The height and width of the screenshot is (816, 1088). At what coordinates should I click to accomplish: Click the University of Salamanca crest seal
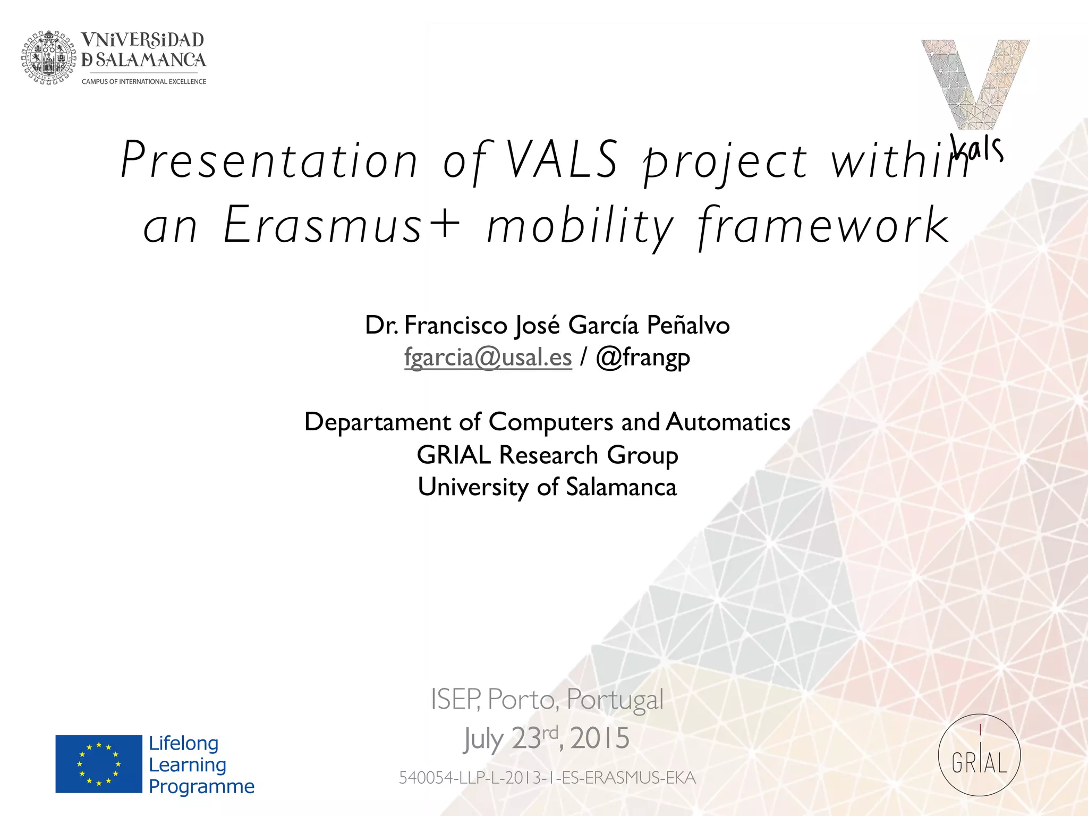[49, 57]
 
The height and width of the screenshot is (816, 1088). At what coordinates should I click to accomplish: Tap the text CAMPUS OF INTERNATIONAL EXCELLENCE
[143, 82]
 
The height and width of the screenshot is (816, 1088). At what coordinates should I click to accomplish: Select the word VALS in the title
[562, 159]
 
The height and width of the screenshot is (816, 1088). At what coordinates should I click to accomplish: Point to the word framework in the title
[823, 226]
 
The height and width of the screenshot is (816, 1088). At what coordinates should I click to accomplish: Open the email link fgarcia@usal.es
[488, 357]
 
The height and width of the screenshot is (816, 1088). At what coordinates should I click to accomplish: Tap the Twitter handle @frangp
[643, 358]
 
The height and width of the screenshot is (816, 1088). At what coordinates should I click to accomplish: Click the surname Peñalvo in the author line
[688, 325]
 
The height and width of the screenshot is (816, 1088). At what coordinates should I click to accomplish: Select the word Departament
[377, 422]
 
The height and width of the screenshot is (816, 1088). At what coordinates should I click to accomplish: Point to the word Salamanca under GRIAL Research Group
[621, 487]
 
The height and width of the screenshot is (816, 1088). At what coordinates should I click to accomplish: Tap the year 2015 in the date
[600, 738]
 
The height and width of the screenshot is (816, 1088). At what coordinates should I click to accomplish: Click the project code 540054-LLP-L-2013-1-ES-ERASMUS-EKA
[547, 778]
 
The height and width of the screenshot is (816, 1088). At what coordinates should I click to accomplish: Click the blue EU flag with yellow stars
[99, 764]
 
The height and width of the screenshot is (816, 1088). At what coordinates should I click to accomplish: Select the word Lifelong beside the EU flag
[183, 743]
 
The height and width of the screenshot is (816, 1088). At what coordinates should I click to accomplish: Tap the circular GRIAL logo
[979, 755]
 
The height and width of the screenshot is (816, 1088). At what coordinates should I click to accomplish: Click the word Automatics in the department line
[728, 422]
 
